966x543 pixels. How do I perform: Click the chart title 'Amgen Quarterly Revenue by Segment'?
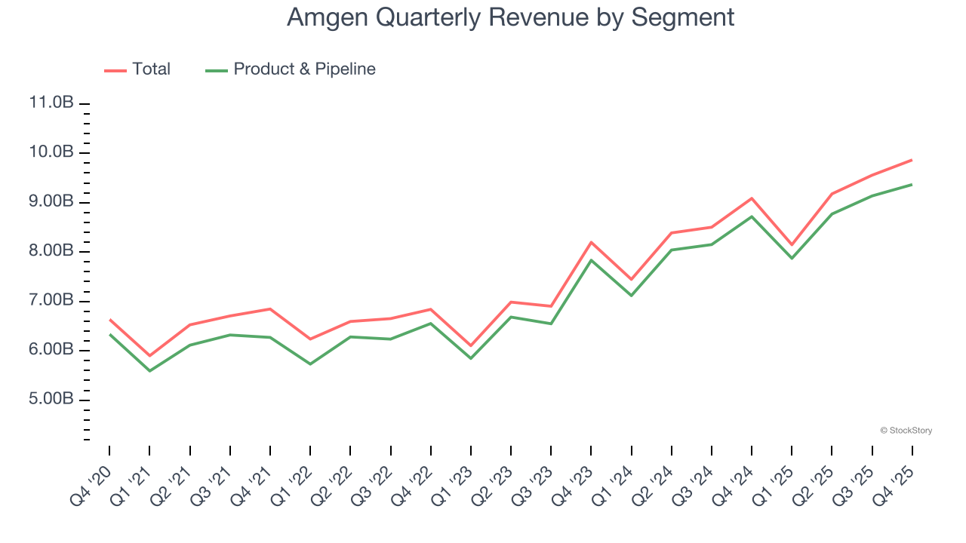pos(510,17)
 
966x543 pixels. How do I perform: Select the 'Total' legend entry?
pos(137,69)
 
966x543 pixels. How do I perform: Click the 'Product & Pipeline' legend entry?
pos(291,69)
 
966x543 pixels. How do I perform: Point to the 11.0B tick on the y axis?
pos(51,103)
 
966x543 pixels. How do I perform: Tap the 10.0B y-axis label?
pos(51,153)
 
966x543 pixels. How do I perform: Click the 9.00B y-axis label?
pos(51,202)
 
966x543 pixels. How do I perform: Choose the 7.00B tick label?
pos(51,301)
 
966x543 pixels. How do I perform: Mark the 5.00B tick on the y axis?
pos(51,400)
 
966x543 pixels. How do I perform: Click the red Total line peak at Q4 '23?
pos(591,242)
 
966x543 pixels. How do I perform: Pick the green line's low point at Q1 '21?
pos(149,371)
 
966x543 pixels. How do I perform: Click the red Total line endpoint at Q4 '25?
pos(912,160)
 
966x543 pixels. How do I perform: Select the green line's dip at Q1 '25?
pos(792,259)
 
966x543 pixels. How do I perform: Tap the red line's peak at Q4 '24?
pos(752,198)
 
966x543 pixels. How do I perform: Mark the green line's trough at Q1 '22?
pos(310,364)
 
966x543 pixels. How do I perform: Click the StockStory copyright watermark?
pos(906,431)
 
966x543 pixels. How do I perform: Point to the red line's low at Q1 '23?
pos(471,346)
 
